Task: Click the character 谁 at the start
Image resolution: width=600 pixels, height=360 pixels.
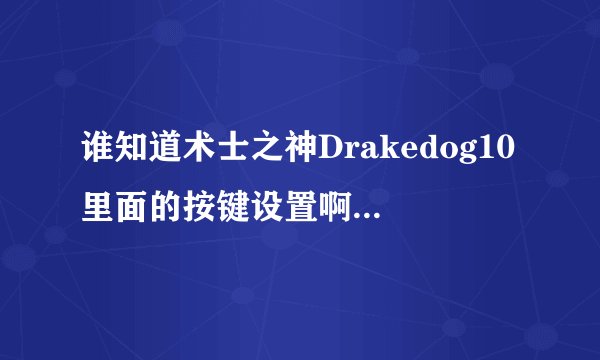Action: (x=98, y=151)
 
